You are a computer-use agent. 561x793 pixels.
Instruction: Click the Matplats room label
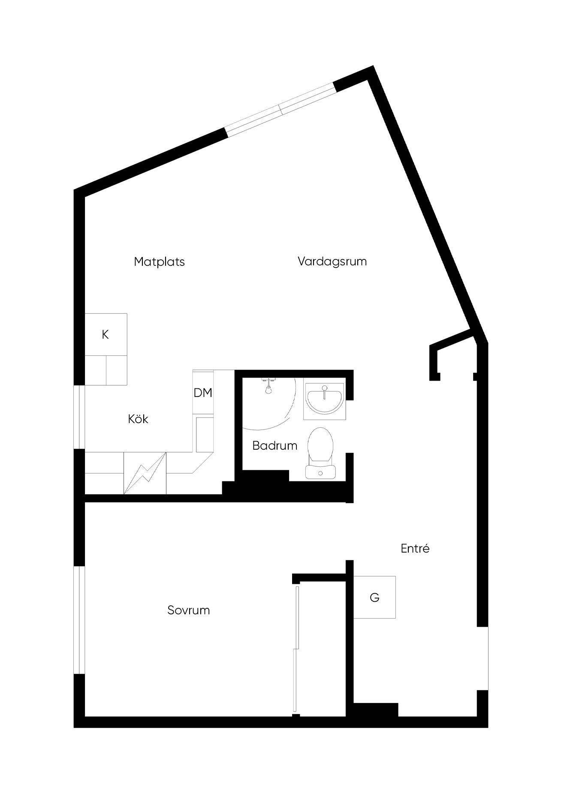pyautogui.click(x=159, y=261)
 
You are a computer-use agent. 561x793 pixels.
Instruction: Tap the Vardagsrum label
pyautogui.click(x=332, y=261)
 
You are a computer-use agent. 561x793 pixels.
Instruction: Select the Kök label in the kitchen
pyautogui.click(x=138, y=419)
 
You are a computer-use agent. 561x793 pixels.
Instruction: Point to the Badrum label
pyautogui.click(x=274, y=446)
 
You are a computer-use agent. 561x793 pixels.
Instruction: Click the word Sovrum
pyautogui.click(x=189, y=610)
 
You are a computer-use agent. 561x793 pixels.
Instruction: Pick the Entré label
pyautogui.click(x=415, y=548)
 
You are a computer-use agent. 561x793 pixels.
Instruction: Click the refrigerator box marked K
pyautogui.click(x=106, y=334)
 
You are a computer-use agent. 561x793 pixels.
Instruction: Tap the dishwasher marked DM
pyautogui.click(x=203, y=393)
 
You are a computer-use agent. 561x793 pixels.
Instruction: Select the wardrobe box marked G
pyautogui.click(x=374, y=597)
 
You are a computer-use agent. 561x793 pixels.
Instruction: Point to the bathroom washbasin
pyautogui.click(x=325, y=399)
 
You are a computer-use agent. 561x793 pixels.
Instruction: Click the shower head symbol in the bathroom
pyautogui.click(x=268, y=386)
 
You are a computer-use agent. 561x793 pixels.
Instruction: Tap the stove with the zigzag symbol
pyautogui.click(x=145, y=473)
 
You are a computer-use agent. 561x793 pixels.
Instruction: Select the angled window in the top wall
pyautogui.click(x=280, y=110)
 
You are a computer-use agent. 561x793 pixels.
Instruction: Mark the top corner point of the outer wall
pyautogui.click(x=373, y=66)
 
